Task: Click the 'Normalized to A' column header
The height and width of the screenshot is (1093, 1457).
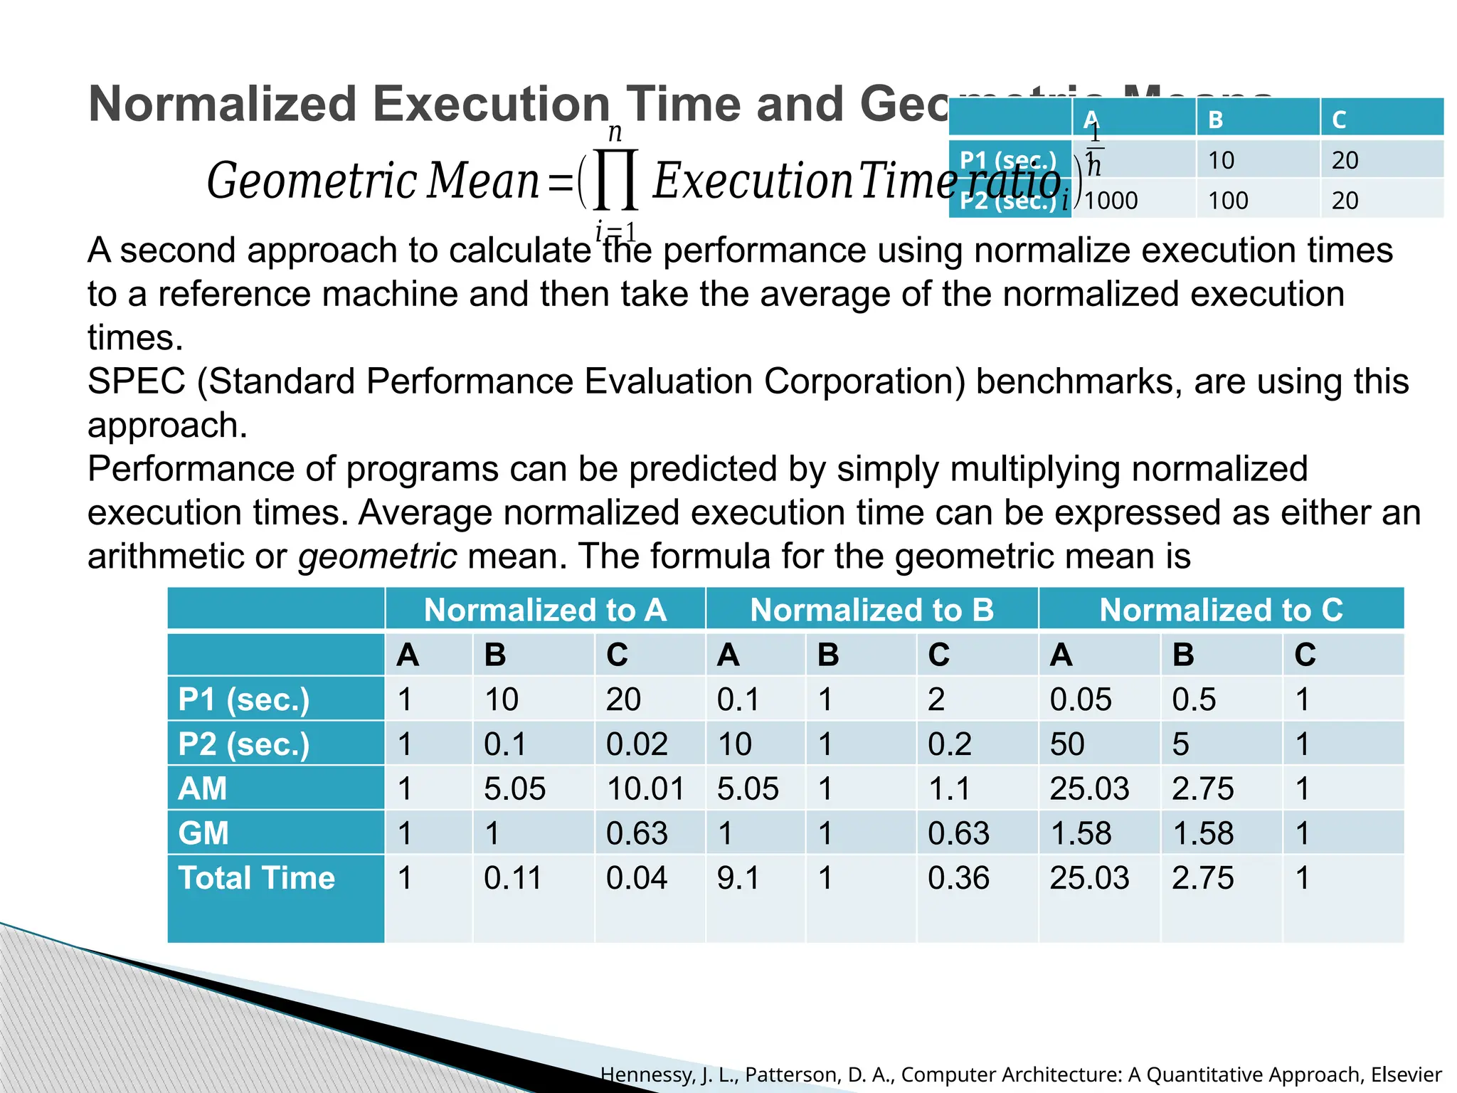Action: (x=545, y=611)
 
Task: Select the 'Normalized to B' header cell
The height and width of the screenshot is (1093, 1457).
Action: (x=871, y=611)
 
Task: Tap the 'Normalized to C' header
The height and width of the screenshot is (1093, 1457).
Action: (x=1221, y=611)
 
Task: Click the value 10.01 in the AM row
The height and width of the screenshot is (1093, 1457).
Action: (x=645, y=789)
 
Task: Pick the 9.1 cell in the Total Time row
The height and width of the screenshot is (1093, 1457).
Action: (x=738, y=878)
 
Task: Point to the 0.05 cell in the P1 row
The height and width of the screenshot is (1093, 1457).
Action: (x=1081, y=699)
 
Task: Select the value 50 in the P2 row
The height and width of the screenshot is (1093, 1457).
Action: (x=1067, y=744)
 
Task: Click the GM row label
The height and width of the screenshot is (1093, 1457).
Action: (x=203, y=833)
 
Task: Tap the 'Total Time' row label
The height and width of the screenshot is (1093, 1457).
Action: (x=256, y=878)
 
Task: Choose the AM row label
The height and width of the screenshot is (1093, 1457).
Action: (x=203, y=789)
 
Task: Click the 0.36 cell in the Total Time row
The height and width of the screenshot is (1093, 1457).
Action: (x=958, y=878)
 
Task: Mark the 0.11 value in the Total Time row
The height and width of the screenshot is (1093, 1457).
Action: (x=512, y=878)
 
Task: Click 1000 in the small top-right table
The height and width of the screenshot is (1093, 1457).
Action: (x=1111, y=201)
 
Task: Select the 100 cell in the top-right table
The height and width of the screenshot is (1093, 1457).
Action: (x=1228, y=201)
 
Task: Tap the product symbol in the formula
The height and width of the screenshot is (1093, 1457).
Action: (x=615, y=179)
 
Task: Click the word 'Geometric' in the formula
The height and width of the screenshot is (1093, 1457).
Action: (x=311, y=181)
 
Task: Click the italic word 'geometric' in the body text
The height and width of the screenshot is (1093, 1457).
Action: (x=377, y=556)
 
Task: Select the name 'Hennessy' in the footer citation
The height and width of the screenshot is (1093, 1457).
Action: (x=647, y=1074)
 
